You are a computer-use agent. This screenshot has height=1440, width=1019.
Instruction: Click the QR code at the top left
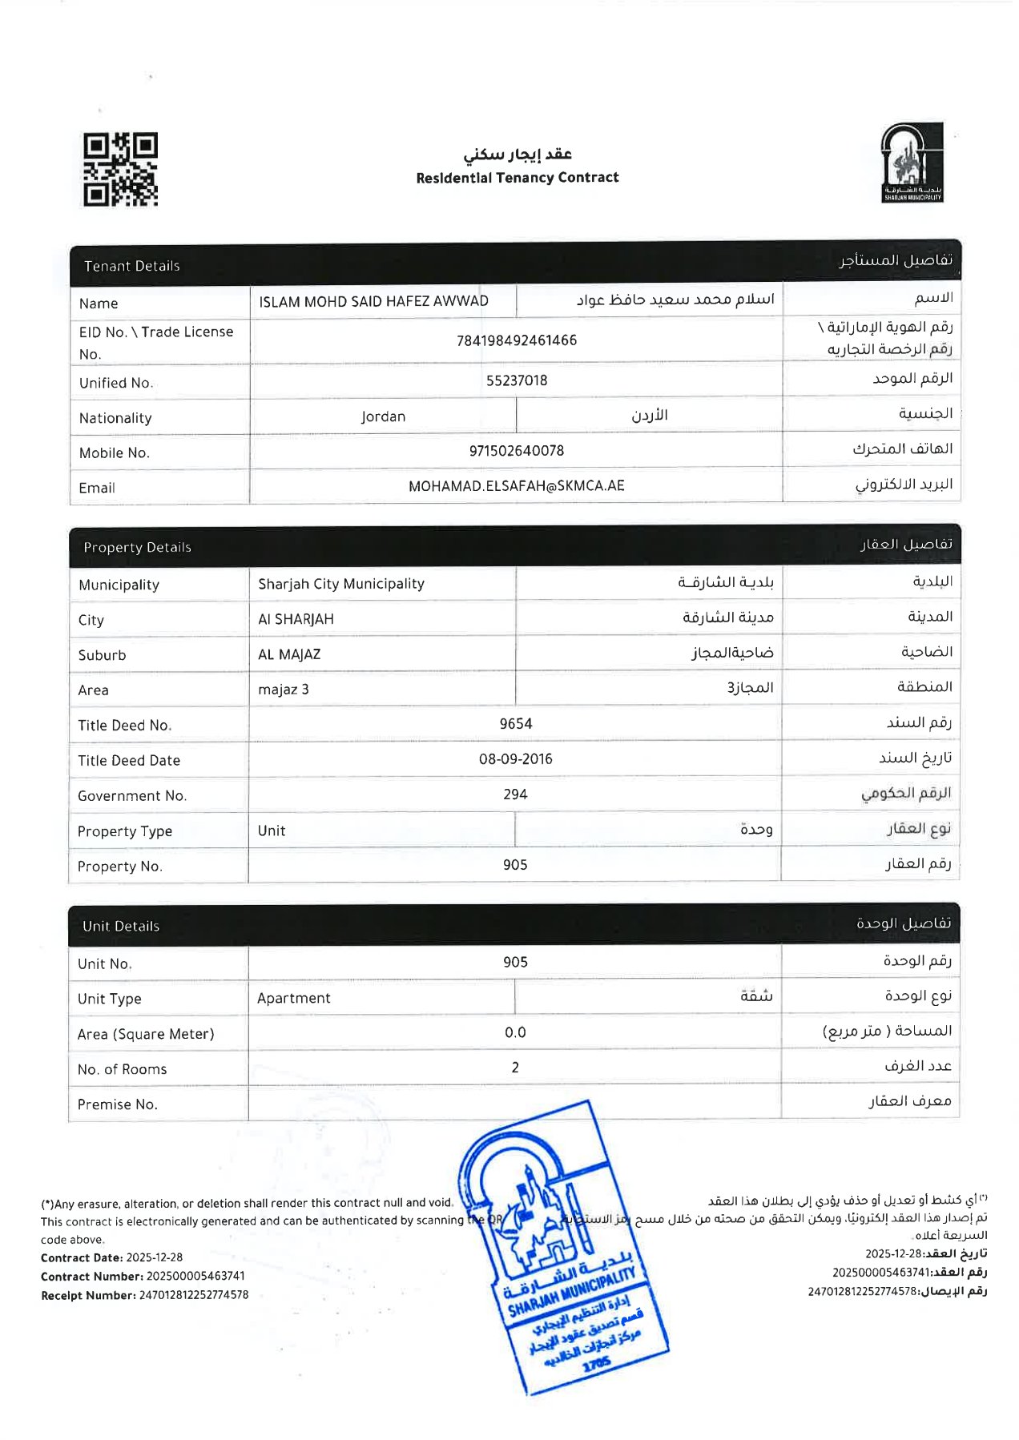click(x=120, y=169)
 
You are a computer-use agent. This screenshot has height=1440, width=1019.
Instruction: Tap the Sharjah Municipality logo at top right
click(x=912, y=163)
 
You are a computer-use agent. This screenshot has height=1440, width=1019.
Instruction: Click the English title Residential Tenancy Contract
click(x=517, y=178)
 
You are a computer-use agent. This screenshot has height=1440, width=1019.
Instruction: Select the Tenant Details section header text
click(x=132, y=266)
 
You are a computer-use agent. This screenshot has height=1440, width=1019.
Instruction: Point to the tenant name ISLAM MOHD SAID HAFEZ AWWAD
click(x=373, y=301)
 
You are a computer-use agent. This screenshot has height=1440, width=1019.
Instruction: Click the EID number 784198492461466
click(x=517, y=340)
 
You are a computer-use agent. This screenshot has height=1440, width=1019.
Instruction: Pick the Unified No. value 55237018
click(x=517, y=380)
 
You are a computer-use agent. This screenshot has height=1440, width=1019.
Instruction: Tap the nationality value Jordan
click(x=383, y=416)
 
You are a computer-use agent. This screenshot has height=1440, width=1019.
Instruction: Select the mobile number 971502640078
click(x=517, y=451)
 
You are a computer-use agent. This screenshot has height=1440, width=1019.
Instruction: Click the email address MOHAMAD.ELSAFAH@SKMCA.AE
click(x=517, y=486)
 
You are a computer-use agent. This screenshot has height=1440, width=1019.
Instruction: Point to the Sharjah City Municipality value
click(x=341, y=584)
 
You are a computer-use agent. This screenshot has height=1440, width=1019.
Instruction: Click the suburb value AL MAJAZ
click(x=289, y=654)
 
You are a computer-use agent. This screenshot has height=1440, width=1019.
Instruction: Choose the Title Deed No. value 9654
click(x=516, y=724)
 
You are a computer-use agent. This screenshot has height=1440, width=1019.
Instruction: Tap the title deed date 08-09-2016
click(x=516, y=759)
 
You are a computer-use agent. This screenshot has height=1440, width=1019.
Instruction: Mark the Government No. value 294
click(x=515, y=794)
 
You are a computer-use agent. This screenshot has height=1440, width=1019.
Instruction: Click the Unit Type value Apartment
click(x=294, y=998)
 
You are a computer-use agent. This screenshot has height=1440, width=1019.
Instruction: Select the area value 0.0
click(x=515, y=1032)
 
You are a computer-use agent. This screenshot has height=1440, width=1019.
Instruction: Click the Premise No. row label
click(x=118, y=1104)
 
